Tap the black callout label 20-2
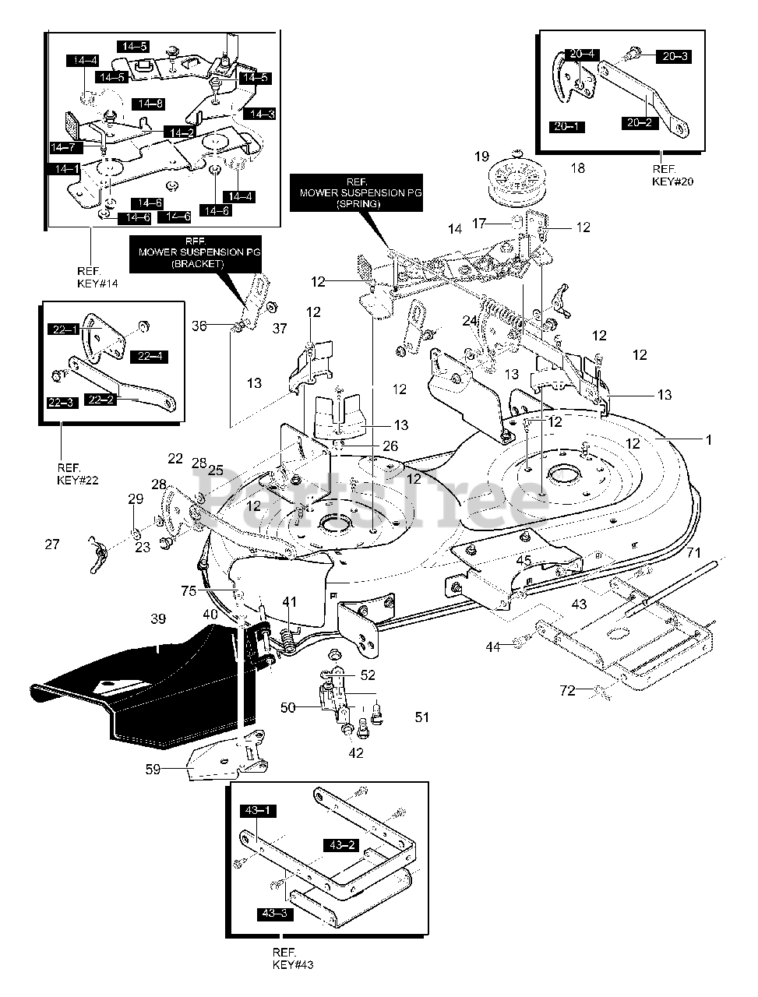coord(640,122)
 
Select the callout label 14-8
coord(148,104)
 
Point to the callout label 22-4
coord(150,356)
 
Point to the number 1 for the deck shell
coord(709,440)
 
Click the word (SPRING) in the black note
coord(358,203)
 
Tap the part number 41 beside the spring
coord(290,601)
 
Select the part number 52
coord(368,675)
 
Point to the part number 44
coord(514,646)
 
